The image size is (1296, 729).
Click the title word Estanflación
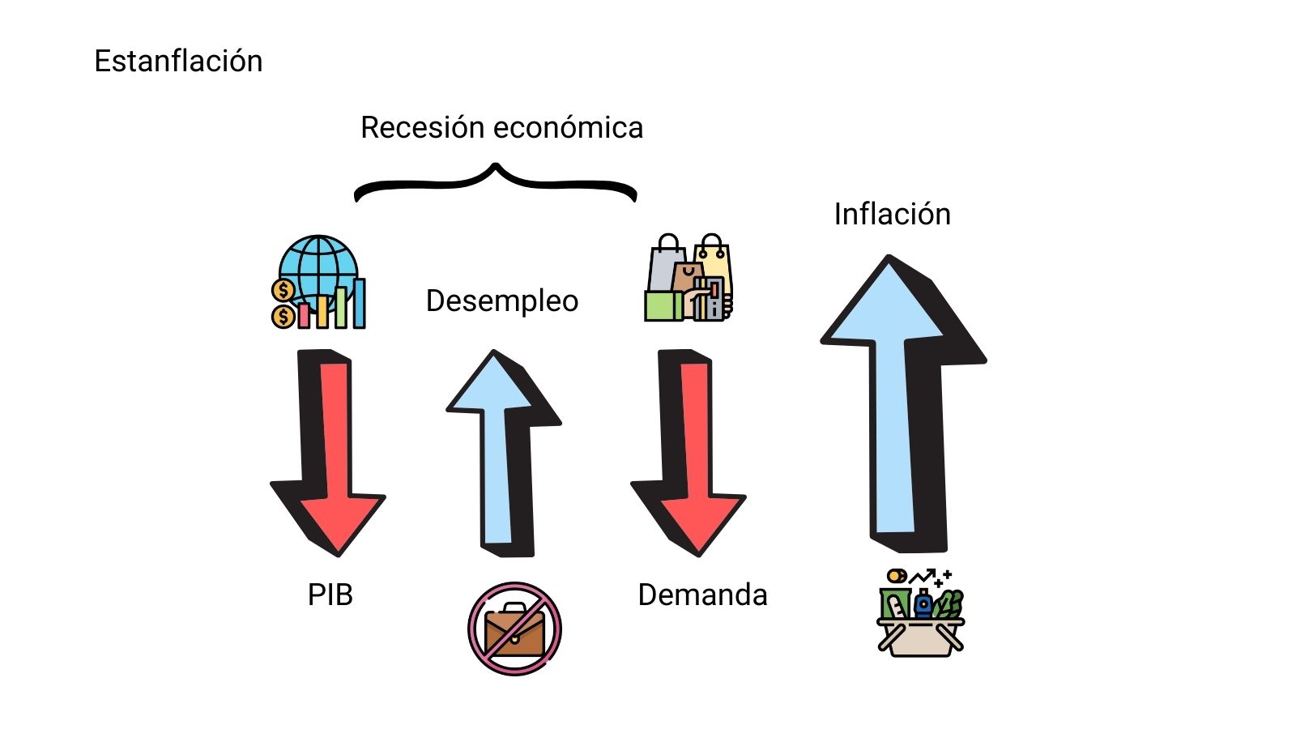[x=178, y=62]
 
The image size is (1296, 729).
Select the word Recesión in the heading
[x=422, y=128]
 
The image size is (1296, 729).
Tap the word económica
[x=568, y=128]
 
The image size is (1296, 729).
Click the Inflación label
[x=892, y=215]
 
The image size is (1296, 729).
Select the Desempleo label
[x=502, y=301]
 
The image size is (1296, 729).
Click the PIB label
[x=330, y=595]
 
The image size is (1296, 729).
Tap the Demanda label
[x=702, y=595]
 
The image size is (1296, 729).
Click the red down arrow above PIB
[x=332, y=454]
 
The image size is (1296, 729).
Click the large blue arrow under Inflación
[x=895, y=405]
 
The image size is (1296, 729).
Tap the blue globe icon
[x=318, y=267]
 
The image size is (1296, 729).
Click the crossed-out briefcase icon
[x=514, y=629]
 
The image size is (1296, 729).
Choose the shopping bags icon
[x=689, y=279]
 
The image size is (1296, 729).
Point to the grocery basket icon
[x=921, y=616]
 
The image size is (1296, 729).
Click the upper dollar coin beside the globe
[x=283, y=290]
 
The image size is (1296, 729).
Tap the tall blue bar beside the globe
[x=359, y=303]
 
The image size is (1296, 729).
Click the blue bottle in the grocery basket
[x=923, y=604]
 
